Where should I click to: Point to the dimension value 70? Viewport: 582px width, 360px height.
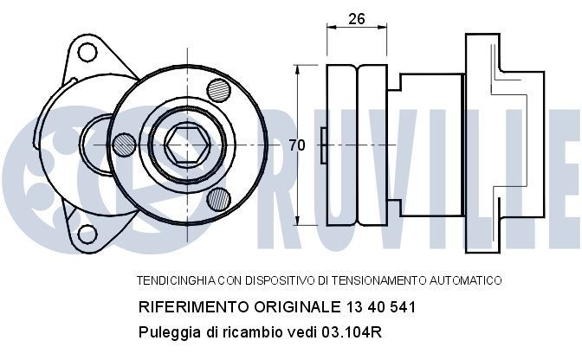[x=297, y=145]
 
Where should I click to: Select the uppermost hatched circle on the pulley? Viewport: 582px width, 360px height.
[x=218, y=90]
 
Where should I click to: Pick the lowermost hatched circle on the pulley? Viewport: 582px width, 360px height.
[x=218, y=199]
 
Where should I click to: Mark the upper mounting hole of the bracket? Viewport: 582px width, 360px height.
[x=87, y=52]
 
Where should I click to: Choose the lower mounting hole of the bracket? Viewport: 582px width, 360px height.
[x=87, y=234]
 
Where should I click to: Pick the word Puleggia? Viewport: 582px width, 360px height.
[x=165, y=332]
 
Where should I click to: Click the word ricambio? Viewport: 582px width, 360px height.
[x=239, y=332]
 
